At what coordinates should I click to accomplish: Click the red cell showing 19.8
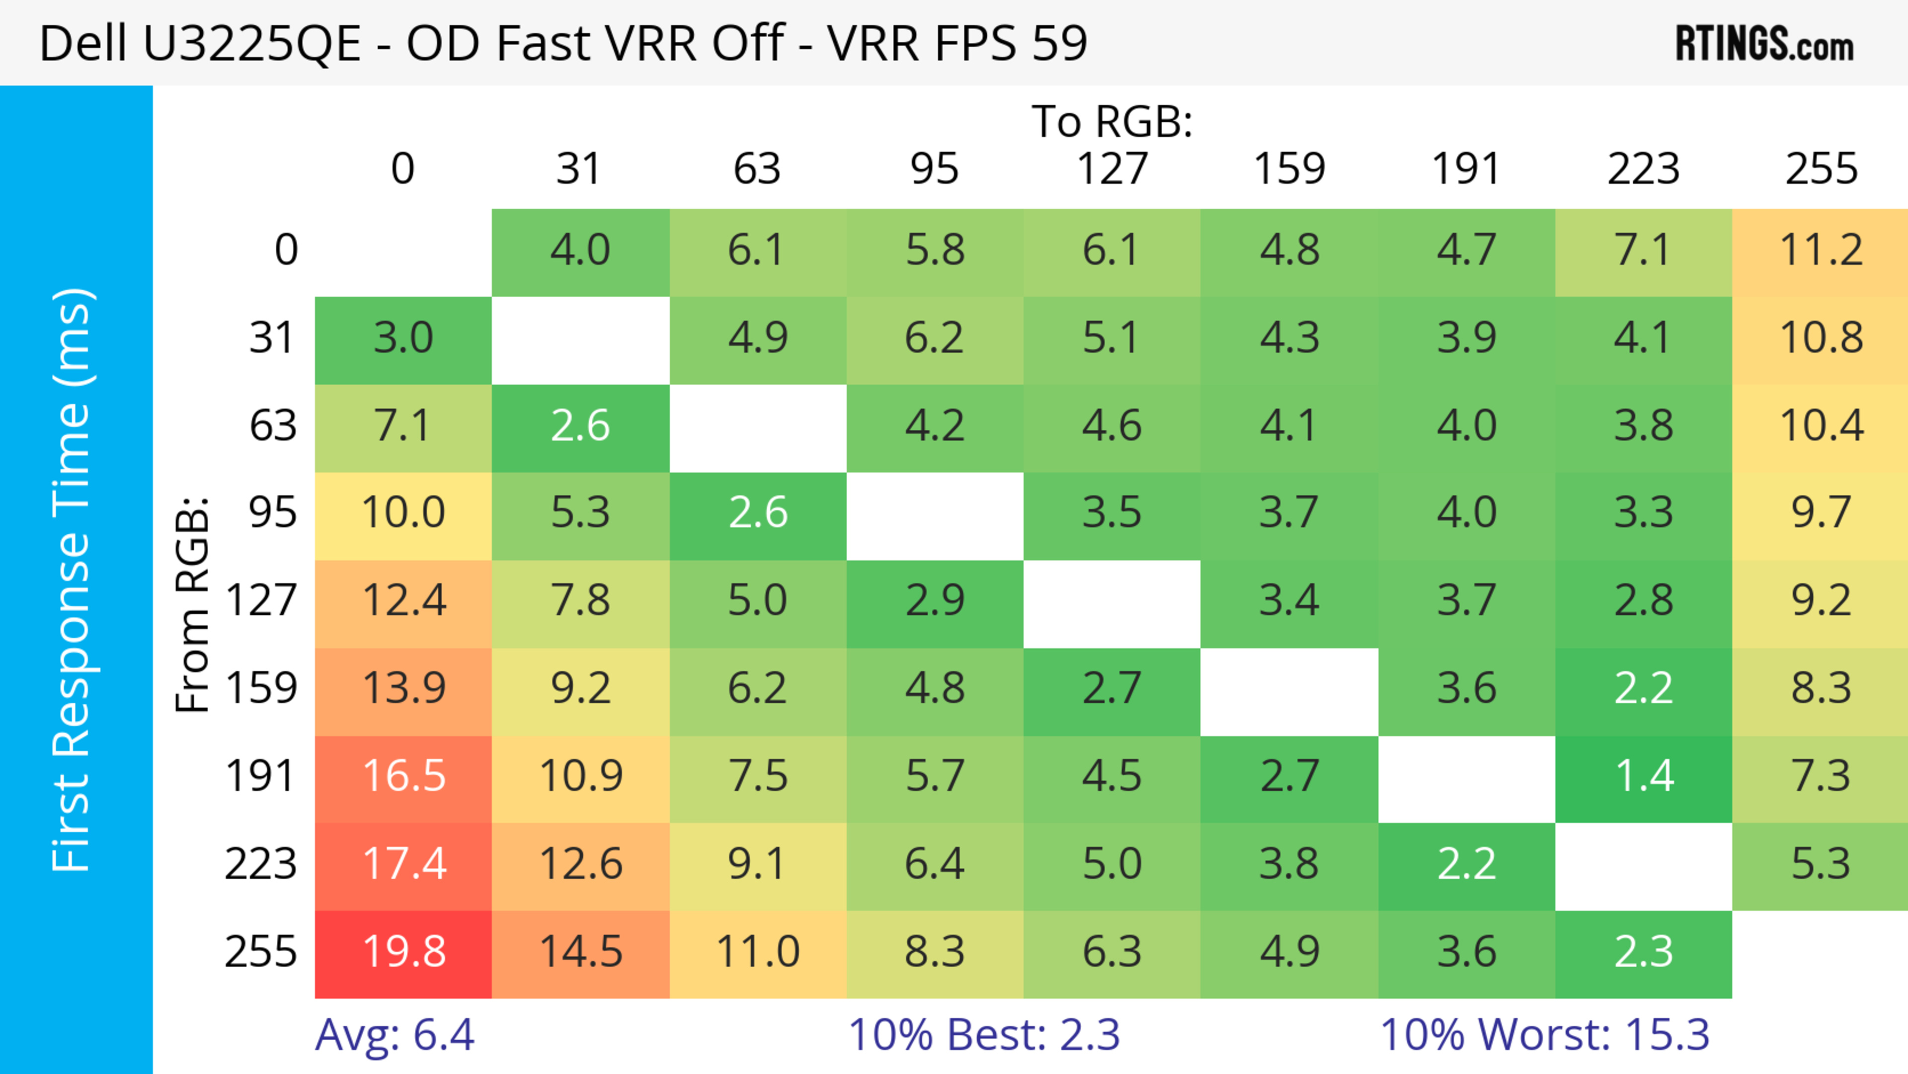pyautogui.click(x=403, y=953)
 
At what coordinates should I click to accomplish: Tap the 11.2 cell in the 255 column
pyautogui.click(x=1820, y=251)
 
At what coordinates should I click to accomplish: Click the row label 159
pyautogui.click(x=261, y=689)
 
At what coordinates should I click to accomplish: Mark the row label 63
pyautogui.click(x=273, y=426)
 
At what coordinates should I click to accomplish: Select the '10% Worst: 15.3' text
pyautogui.click(x=1544, y=1034)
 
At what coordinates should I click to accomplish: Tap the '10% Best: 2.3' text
pyautogui.click(x=984, y=1034)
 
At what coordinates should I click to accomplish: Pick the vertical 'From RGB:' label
pyautogui.click(x=192, y=604)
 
